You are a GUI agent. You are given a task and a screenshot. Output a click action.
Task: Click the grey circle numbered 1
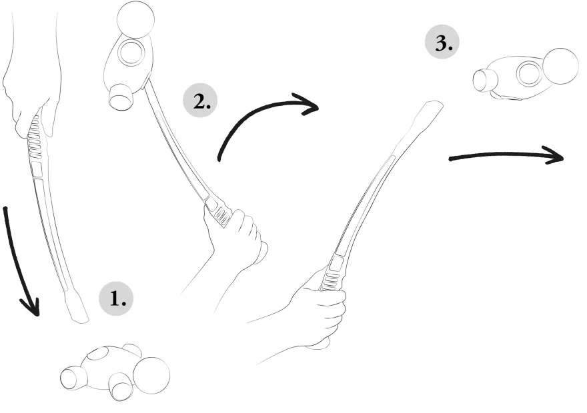pos(116,298)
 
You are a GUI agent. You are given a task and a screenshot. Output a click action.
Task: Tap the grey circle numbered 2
pos(200,101)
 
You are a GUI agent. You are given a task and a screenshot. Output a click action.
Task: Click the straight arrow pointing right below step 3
pos(506,155)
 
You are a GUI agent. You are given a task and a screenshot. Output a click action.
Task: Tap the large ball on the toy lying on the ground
pos(151,376)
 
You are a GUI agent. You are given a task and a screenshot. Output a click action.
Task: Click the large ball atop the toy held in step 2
pos(135,19)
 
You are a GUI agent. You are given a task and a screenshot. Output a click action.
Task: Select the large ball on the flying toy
pos(560,67)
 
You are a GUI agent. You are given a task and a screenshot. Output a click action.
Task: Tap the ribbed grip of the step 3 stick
pos(332,277)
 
